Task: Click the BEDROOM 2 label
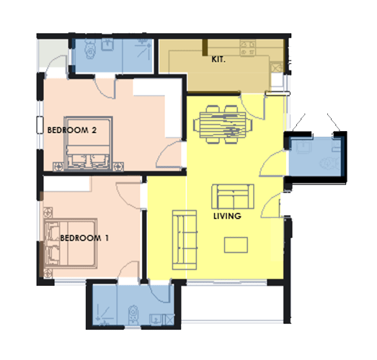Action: click(x=72, y=130)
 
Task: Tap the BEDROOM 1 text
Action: click(x=84, y=238)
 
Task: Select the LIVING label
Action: click(x=227, y=216)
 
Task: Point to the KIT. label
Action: click(x=218, y=59)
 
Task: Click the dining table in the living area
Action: click(x=223, y=125)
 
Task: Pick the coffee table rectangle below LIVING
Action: click(x=236, y=245)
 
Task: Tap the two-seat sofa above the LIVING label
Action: click(x=233, y=197)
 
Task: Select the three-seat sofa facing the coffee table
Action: click(x=185, y=240)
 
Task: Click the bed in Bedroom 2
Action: click(x=88, y=143)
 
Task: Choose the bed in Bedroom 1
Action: click(x=71, y=243)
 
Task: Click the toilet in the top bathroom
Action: click(x=90, y=49)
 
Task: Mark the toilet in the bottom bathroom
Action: click(x=133, y=314)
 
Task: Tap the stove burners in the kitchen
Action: click(x=248, y=48)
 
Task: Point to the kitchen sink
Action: click(x=277, y=67)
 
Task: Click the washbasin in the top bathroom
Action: click(x=107, y=45)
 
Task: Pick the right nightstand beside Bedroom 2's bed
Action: click(x=118, y=166)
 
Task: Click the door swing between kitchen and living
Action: click(x=252, y=107)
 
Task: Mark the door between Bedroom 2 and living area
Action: click(x=169, y=155)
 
